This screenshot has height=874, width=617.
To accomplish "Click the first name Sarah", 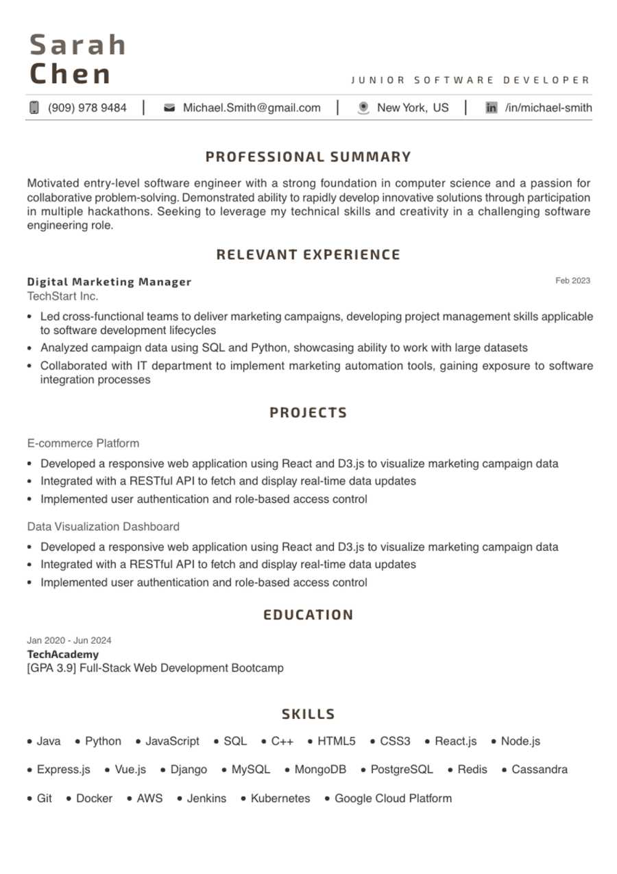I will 78,45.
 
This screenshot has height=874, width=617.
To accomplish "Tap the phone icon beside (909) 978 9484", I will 34,108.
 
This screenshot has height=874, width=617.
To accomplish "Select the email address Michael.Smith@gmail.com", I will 252,108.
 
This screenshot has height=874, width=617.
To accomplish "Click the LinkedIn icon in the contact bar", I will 491,108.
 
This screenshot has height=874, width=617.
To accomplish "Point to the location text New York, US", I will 413,108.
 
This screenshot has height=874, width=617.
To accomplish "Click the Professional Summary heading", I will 308,157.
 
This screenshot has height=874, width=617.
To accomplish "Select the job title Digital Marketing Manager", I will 109,282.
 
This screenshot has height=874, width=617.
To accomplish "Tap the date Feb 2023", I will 572,281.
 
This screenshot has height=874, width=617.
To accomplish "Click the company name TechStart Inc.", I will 62,296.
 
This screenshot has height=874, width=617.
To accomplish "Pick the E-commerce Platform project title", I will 83,443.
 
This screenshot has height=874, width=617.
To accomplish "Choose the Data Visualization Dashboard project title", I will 104,527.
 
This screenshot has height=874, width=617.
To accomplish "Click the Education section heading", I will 308,615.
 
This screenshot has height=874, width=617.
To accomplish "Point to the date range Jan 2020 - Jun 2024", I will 69,641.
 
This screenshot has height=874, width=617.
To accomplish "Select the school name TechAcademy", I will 62,654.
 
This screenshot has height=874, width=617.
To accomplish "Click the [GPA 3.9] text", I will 51,668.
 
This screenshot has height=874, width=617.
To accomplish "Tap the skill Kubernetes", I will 280,799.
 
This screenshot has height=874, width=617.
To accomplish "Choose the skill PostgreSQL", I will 402,770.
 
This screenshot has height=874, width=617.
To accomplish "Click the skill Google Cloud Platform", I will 393,799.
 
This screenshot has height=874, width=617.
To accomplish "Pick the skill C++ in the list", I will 282,742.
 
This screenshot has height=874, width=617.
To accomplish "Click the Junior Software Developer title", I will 470,80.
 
